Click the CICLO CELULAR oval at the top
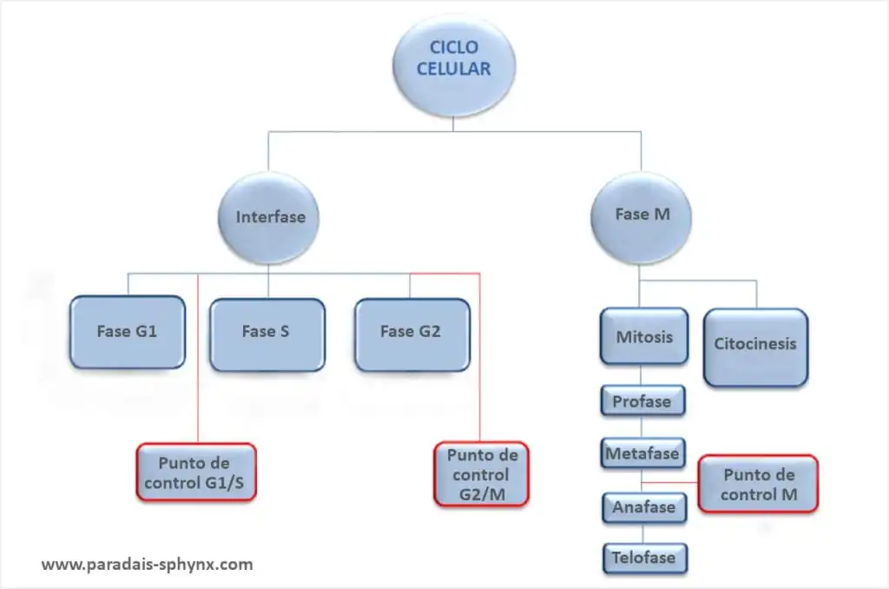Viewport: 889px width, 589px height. [453, 65]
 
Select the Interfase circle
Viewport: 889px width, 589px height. [269, 218]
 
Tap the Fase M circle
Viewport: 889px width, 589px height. [642, 217]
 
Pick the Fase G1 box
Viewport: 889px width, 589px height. [128, 332]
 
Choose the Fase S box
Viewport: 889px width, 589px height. [267, 334]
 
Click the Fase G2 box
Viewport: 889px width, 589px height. [412, 334]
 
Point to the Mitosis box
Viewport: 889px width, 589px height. [644, 336]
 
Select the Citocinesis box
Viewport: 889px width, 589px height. [756, 347]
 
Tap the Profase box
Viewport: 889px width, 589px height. [643, 401]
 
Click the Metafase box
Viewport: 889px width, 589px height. [643, 453]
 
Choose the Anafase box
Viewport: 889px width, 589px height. [644, 507]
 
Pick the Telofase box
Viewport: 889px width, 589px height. [645, 559]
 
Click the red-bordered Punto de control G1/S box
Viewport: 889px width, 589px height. [196, 472]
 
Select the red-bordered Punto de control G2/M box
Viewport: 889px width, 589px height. [481, 474]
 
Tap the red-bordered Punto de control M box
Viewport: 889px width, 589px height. [758, 484]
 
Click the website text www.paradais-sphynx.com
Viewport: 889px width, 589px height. [148, 565]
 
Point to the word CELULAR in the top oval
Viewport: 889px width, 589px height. [453, 69]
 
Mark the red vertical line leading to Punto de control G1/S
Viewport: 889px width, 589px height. [198, 359]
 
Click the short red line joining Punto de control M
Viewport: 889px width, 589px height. [670, 482]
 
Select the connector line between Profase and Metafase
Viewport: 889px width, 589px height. [642, 427]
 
